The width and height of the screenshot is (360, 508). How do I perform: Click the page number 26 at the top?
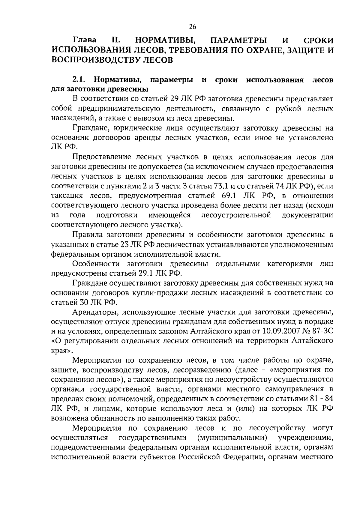(x=193, y=27)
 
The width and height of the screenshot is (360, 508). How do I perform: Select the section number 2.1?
(x=79, y=80)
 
